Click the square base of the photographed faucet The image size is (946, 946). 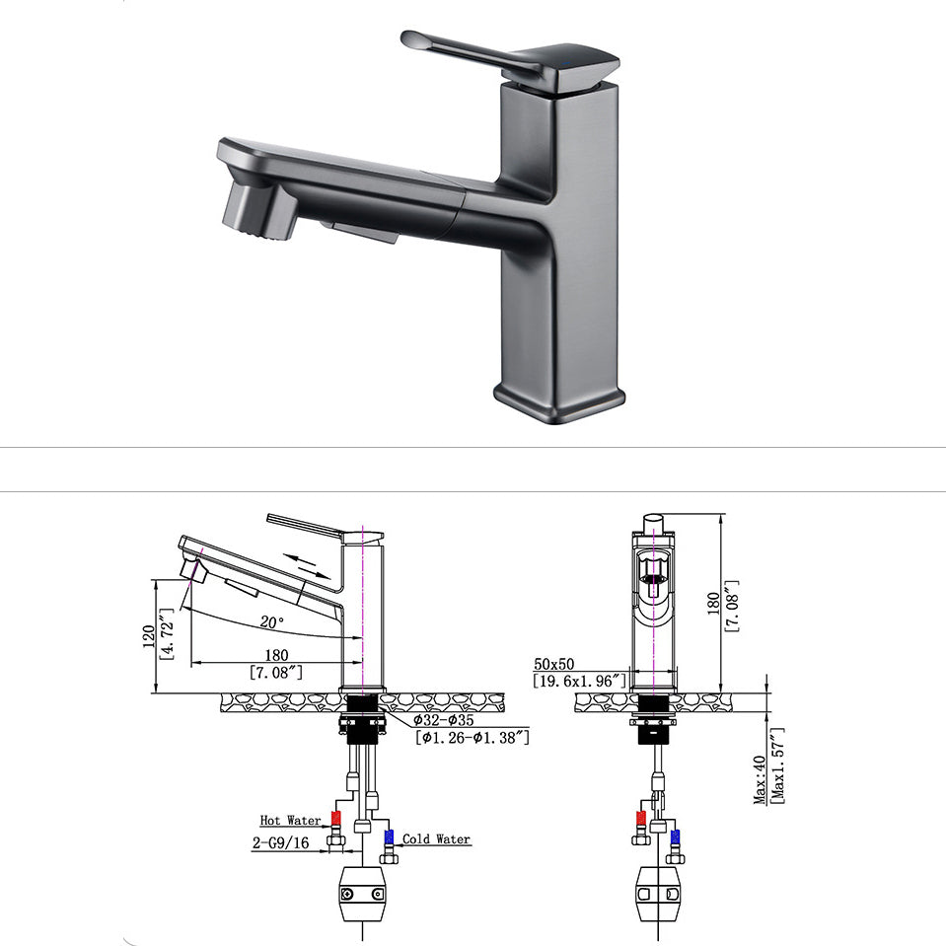point(559,400)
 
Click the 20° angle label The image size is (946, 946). point(271,622)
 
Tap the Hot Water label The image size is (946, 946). point(290,820)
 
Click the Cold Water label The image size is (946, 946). point(436,839)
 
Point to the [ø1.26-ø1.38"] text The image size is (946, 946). point(472,737)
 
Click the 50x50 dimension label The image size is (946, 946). point(555,664)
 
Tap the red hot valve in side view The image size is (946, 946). point(336,819)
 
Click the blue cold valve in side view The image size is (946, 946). point(388,837)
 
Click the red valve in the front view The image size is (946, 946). point(640,819)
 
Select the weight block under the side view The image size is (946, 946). point(361,894)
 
